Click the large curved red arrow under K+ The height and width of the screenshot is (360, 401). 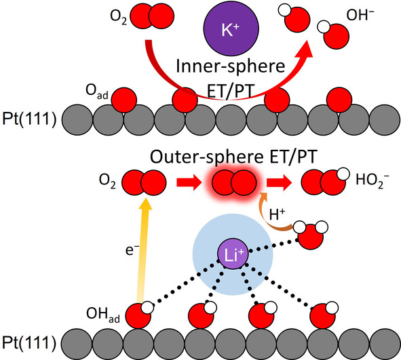204,81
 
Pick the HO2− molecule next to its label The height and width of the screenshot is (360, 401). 316,182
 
